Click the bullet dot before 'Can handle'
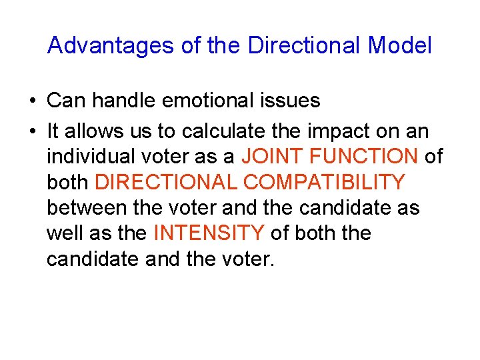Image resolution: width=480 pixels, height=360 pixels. coord(32,101)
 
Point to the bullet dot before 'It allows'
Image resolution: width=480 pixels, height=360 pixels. coord(32,132)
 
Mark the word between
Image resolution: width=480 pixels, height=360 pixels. coord(86,207)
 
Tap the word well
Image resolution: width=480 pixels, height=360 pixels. coord(63,233)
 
